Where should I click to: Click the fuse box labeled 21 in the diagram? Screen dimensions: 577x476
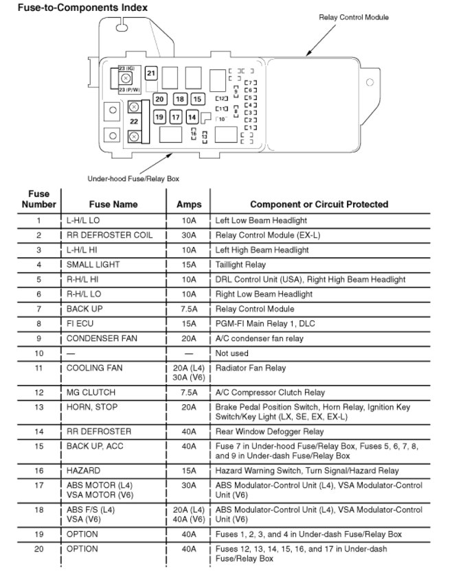click(x=151, y=73)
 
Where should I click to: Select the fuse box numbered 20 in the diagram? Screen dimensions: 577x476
click(x=159, y=99)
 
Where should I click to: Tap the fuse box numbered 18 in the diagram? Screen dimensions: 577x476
click(x=179, y=99)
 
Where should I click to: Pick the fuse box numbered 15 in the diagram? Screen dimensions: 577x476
click(x=197, y=99)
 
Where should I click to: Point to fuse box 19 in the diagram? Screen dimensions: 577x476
click(x=159, y=117)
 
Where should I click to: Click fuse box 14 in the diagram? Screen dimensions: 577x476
click(x=192, y=117)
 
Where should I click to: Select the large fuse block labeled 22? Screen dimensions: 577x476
click(x=134, y=121)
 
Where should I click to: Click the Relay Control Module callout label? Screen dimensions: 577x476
click(x=354, y=17)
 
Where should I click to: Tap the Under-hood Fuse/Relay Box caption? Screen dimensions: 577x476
click(x=133, y=178)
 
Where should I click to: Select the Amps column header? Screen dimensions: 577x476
click(x=189, y=204)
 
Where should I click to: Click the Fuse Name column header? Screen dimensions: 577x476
click(x=113, y=204)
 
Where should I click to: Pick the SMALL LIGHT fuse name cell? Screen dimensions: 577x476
click(x=93, y=265)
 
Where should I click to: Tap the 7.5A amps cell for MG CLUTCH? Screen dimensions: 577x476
click(x=189, y=392)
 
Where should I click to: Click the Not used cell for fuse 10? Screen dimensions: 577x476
click(x=232, y=353)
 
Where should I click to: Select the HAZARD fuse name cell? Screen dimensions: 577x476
click(x=83, y=471)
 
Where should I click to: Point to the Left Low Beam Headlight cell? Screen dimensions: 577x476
click(x=261, y=221)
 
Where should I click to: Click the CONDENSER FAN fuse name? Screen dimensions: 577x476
click(x=98, y=338)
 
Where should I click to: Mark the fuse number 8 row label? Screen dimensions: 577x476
click(x=39, y=324)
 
